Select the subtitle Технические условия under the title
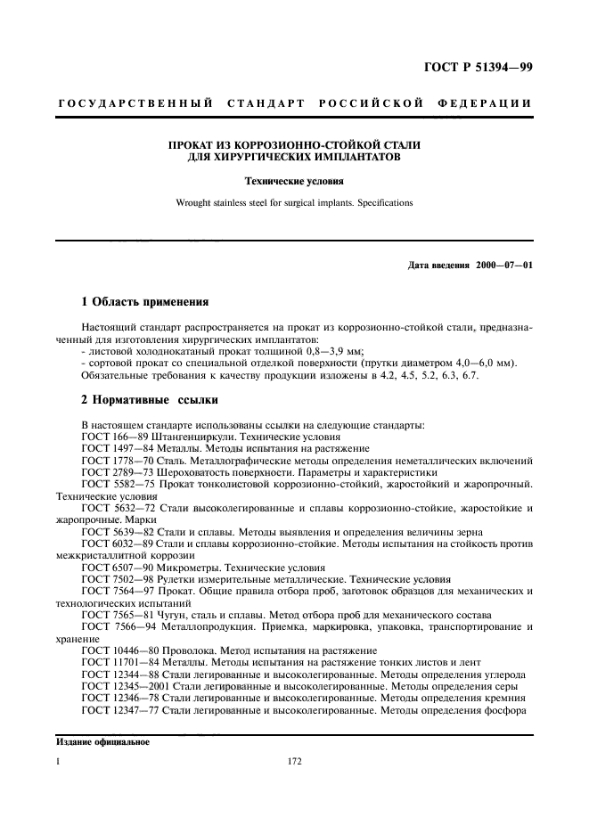pyautogui.click(x=294, y=180)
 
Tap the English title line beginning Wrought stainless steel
pyautogui.click(x=294, y=202)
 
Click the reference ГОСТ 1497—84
pyautogui.click(x=115, y=449)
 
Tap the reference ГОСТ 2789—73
pyautogui.click(x=115, y=472)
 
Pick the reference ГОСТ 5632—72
pyautogui.click(x=115, y=507)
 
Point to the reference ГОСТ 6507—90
pyautogui.click(x=115, y=567)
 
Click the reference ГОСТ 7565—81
pyautogui.click(x=115, y=615)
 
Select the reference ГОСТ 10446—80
pyautogui.click(x=118, y=650)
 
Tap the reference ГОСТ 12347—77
pyautogui.click(x=120, y=709)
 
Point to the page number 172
pyautogui.click(x=294, y=762)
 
